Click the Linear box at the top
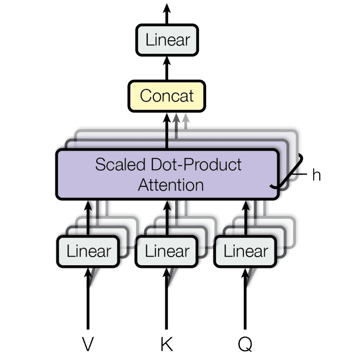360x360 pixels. (167, 40)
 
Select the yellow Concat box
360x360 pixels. (167, 96)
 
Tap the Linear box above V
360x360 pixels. (88, 252)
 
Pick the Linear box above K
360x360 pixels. (167, 252)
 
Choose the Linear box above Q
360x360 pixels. (245, 252)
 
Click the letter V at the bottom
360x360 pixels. (88, 344)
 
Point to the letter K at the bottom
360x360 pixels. (167, 344)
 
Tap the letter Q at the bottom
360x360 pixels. (245, 344)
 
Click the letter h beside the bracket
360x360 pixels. (317, 175)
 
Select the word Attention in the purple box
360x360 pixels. (171, 185)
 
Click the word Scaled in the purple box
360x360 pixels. (120, 164)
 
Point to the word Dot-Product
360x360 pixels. (196, 164)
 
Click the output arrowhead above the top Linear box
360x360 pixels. (167, 8)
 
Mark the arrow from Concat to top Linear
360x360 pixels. (167, 68)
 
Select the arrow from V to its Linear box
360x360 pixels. (88, 298)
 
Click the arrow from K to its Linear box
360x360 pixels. (167, 298)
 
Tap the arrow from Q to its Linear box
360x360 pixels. (245, 298)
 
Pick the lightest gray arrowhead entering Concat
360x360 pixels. (185, 118)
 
